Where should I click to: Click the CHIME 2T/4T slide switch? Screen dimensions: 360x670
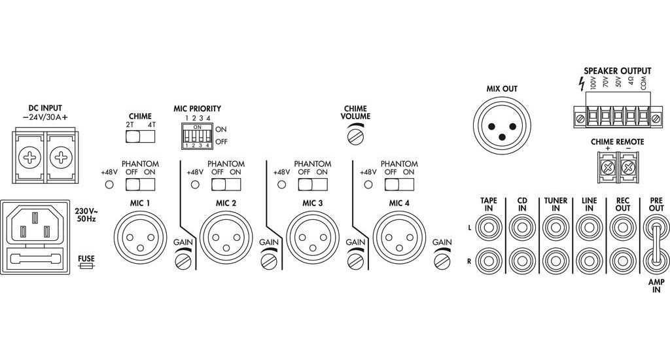(140, 136)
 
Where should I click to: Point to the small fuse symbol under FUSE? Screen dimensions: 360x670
(86, 268)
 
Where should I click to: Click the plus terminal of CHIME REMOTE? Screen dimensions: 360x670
(608, 168)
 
